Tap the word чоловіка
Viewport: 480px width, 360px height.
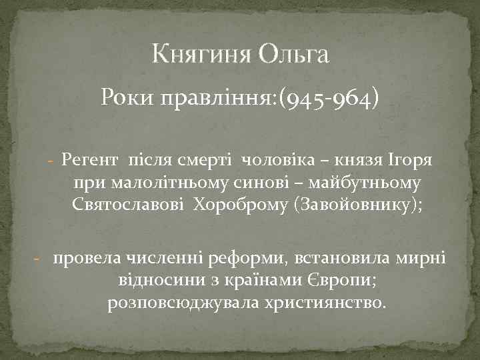271,159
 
